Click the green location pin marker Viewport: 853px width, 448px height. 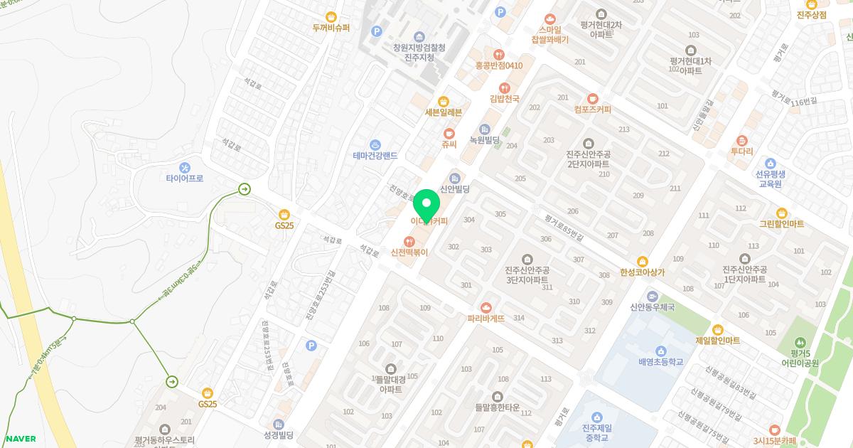(x=426, y=206)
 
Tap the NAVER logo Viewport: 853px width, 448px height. (x=20, y=439)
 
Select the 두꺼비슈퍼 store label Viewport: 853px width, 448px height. (x=331, y=28)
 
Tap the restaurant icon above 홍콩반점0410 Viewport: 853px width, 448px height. (x=499, y=53)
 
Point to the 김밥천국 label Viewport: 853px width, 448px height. (x=505, y=99)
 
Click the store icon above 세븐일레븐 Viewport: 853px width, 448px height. (x=444, y=101)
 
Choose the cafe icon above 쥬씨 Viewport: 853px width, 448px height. (x=449, y=133)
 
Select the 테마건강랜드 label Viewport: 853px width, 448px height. (x=375, y=155)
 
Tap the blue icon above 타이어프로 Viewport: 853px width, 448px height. (x=186, y=168)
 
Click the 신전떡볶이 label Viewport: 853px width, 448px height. (x=409, y=252)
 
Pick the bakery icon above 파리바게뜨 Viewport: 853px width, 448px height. (x=486, y=307)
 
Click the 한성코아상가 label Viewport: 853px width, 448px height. (x=643, y=272)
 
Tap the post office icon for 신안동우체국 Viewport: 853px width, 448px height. (x=652, y=296)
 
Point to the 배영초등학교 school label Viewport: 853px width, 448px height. (x=660, y=362)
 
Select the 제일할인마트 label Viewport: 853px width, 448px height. (x=717, y=341)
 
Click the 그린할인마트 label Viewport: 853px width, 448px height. (x=781, y=224)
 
